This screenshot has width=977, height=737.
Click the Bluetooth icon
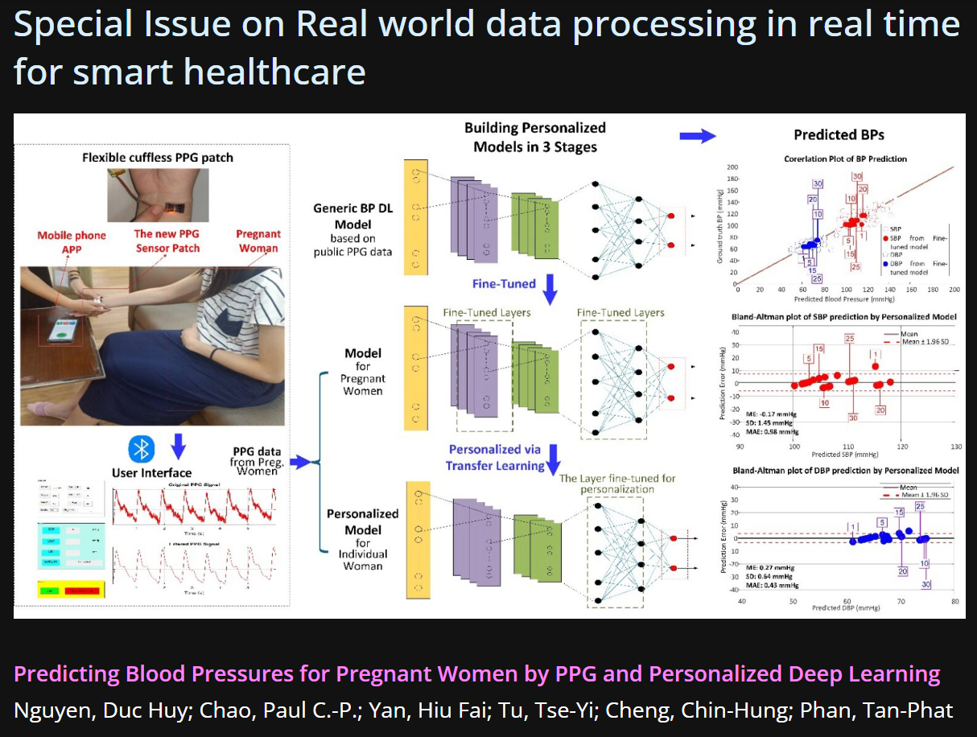(142, 447)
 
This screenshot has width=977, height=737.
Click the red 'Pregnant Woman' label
(258, 241)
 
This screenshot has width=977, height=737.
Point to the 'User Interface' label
(152, 472)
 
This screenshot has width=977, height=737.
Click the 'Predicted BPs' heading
(839, 134)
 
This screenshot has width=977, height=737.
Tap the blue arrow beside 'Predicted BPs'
(697, 136)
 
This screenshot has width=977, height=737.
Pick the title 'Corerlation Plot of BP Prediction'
(845, 159)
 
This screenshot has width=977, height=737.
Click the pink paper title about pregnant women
(477, 673)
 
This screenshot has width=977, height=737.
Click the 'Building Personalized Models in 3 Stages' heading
(535, 137)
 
